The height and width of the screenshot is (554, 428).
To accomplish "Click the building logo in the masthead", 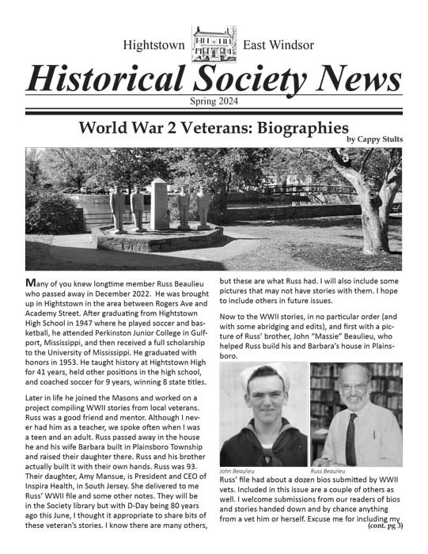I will coord(214,43).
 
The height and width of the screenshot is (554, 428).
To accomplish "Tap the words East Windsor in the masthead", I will coord(278,44).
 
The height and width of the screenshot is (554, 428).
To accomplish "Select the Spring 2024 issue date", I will coord(214,101).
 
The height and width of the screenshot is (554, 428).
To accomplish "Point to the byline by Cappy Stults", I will coord(374,140).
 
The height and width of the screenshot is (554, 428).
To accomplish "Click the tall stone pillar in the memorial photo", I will coord(160,203).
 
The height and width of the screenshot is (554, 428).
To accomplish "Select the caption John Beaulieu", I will coord(237,471).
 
